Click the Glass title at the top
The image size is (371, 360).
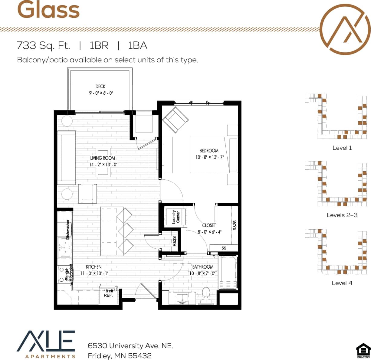coord(48,10)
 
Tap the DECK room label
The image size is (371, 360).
coord(100,87)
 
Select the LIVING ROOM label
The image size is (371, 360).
coord(103,158)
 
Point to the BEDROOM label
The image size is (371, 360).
coord(209,151)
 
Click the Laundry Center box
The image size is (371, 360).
coord(176,217)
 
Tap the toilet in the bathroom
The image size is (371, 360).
coord(206,295)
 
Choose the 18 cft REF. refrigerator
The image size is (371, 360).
coord(108,294)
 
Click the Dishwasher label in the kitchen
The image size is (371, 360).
coord(68,230)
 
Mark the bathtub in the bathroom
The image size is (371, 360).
coord(228,272)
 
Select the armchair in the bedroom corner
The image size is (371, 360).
coord(176,120)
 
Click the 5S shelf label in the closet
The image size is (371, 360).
coord(224,248)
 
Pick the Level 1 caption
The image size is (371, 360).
coord(342,148)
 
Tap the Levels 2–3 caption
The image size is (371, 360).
coord(342,215)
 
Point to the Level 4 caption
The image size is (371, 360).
coord(342,283)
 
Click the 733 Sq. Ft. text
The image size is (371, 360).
coord(43,45)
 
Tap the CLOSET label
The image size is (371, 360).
coord(209,225)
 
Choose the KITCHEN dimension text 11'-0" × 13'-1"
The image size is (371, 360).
coord(94,273)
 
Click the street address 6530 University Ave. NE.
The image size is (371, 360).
coord(130,346)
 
